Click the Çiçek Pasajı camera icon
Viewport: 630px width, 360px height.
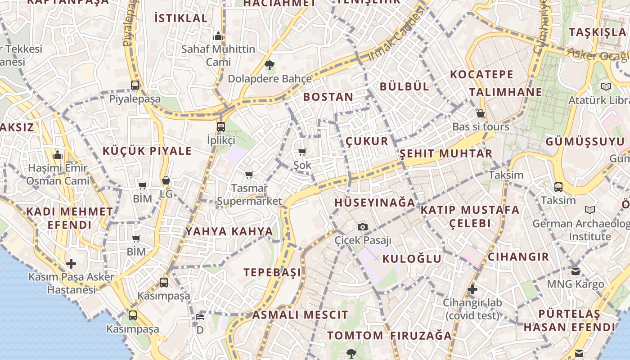363,227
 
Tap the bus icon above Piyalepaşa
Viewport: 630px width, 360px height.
135,85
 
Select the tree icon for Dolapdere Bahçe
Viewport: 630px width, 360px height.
270,65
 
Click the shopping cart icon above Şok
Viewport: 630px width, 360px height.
302,152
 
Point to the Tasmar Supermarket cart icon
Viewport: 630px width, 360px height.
249,175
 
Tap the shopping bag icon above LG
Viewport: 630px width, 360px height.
166,180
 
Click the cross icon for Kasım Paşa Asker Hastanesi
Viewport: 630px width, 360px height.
71,263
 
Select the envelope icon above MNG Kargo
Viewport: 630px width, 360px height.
576,271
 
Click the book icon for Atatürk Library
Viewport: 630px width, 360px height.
606,86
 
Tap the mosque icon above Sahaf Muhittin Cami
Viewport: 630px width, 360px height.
218,36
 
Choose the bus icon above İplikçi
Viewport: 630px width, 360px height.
220,126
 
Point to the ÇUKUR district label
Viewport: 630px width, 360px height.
367,141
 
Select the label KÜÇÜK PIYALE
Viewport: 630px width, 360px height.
147,151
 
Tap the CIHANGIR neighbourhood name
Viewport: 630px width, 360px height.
518,257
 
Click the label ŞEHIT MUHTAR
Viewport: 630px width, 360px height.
446,154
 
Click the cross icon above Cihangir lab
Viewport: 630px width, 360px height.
472,289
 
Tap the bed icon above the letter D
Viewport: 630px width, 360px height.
200,317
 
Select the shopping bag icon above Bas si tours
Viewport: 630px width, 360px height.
481,113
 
